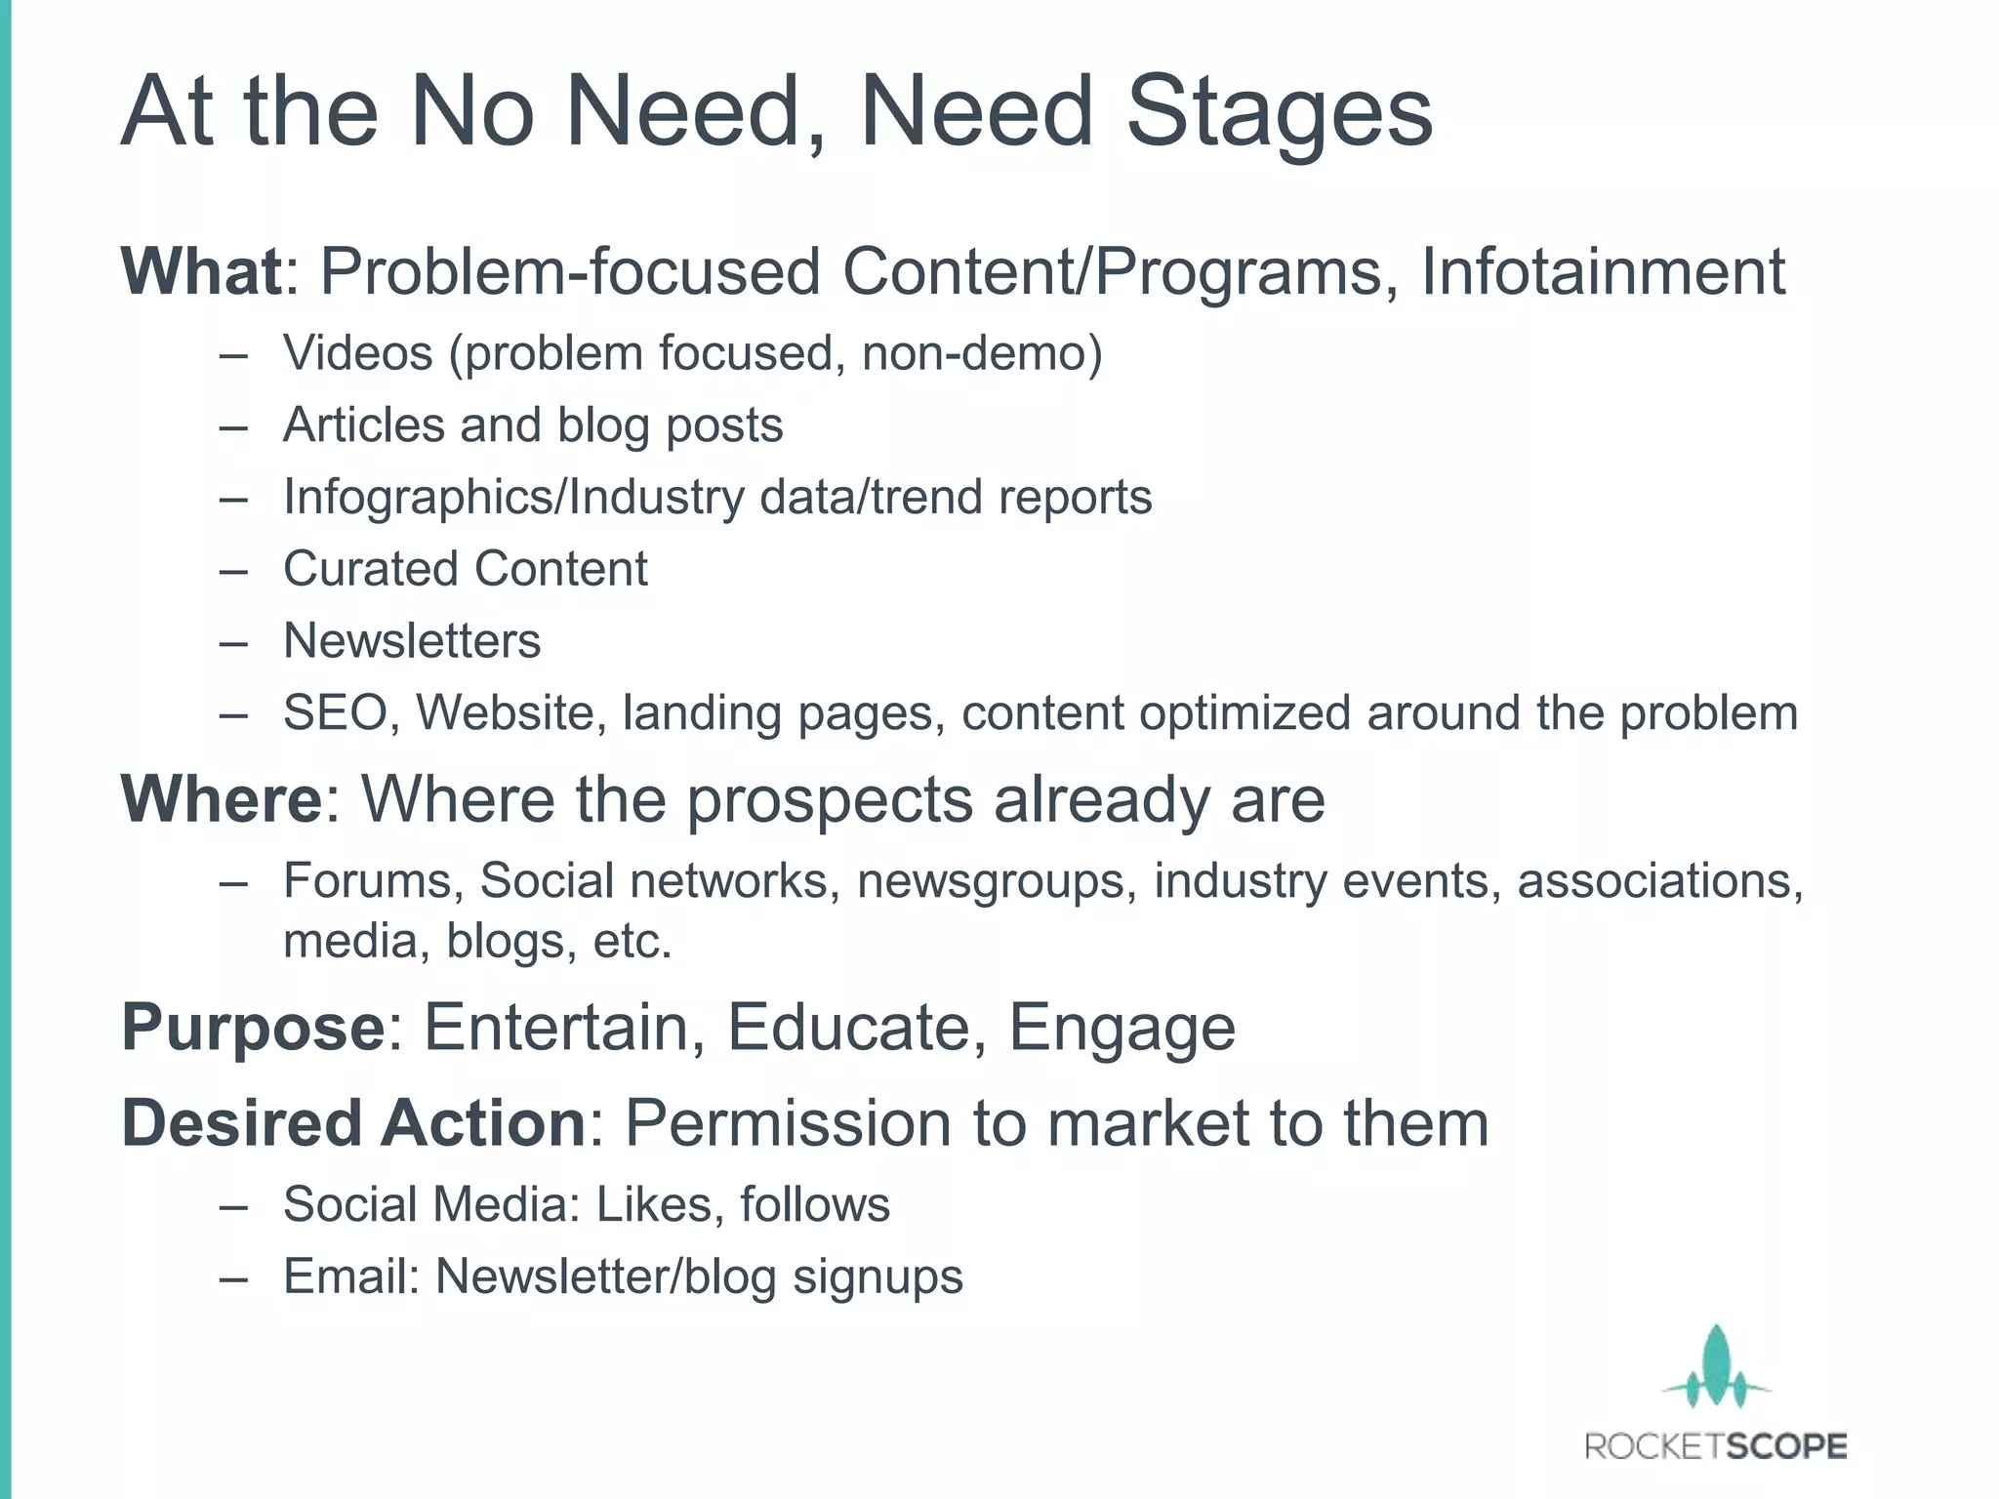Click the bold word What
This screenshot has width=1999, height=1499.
pyautogui.click(x=201, y=271)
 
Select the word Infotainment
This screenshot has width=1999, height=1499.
pyautogui.click(x=1603, y=271)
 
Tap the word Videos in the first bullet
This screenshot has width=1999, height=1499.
pyautogui.click(x=357, y=353)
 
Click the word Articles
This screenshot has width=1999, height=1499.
pyautogui.click(x=364, y=425)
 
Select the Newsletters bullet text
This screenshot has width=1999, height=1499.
pyautogui.click(x=412, y=641)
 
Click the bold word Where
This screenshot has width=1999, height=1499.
pyautogui.click(x=221, y=799)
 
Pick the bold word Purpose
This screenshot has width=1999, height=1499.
pyautogui.click(x=253, y=1028)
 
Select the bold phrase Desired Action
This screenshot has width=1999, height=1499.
pyautogui.click(x=352, y=1123)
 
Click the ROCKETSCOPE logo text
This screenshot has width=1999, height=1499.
pyautogui.click(x=1716, y=1446)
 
